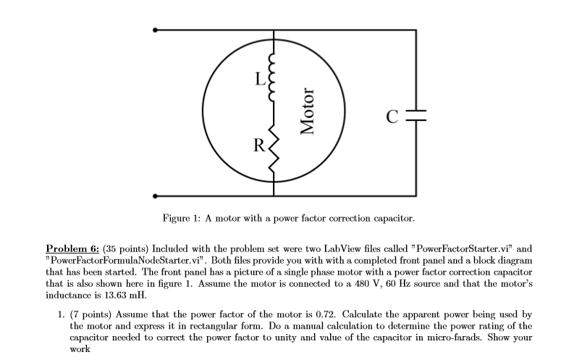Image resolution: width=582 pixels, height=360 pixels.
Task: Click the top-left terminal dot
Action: [x=154, y=30]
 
